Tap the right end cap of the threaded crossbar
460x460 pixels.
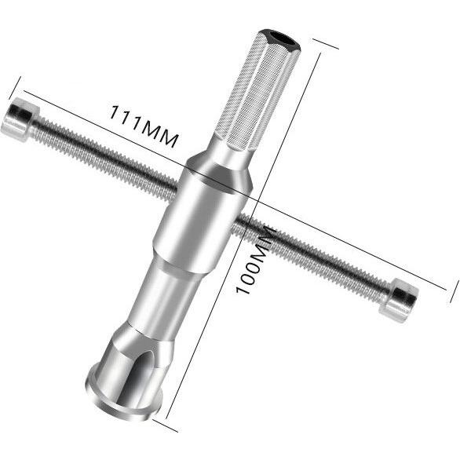[x=402, y=299]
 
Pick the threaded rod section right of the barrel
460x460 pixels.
[x=314, y=255]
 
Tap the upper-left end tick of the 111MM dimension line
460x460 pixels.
[x=16, y=86]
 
